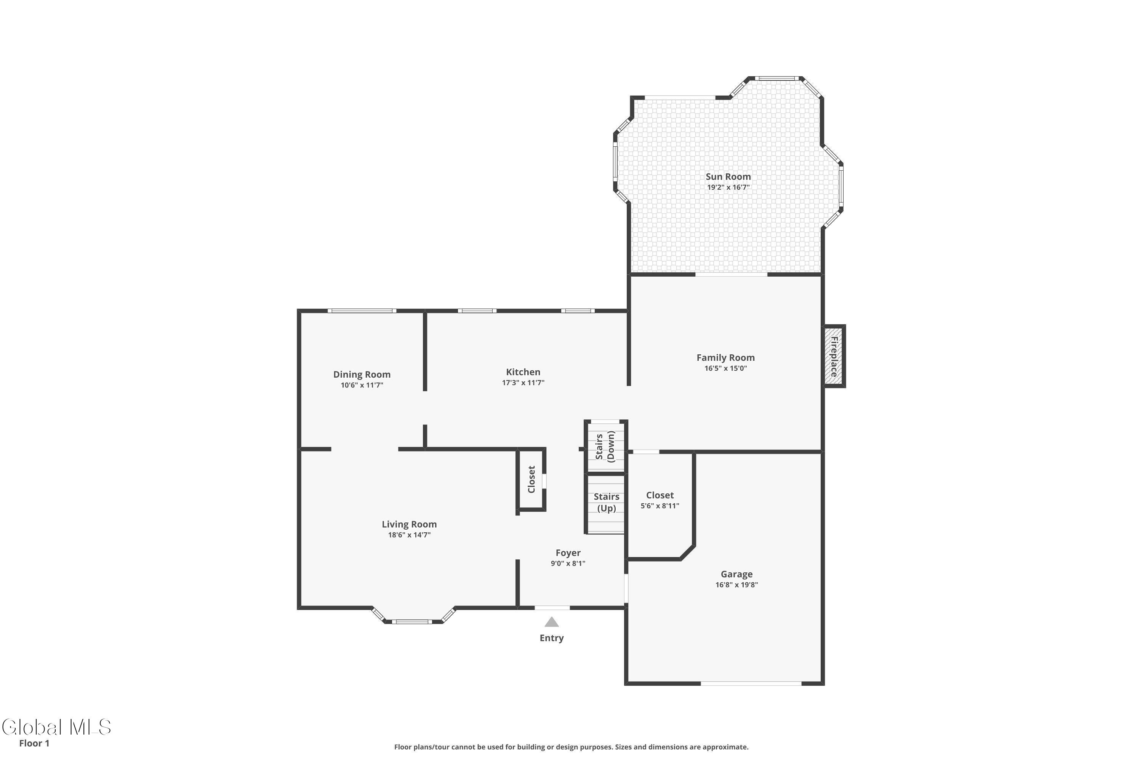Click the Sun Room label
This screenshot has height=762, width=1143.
click(728, 177)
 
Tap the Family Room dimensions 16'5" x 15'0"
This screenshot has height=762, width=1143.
click(725, 368)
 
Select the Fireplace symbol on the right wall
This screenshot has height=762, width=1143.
click(834, 356)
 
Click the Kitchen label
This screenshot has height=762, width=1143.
click(523, 372)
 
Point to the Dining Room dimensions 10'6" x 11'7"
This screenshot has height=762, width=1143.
click(362, 385)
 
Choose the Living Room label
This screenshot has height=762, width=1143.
click(409, 524)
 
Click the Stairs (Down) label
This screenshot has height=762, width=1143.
click(605, 447)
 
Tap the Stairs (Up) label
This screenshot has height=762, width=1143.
click(607, 503)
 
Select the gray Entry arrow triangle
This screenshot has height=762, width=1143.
click(552, 622)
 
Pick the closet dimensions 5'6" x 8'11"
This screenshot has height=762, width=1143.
click(660, 506)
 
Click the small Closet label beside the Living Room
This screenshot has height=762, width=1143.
click(531, 479)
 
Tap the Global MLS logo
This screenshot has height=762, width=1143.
click(56, 727)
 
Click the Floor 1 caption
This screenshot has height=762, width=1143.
click(34, 743)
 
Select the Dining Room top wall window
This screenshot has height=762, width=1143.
click(362, 311)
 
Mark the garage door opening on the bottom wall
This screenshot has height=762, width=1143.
click(751, 683)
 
